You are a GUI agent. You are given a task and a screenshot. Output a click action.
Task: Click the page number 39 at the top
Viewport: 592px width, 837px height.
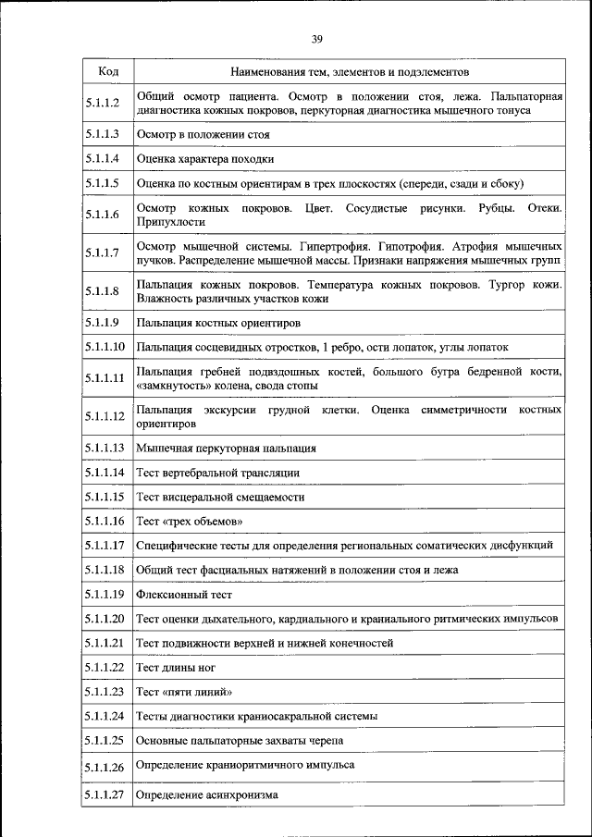click(316, 39)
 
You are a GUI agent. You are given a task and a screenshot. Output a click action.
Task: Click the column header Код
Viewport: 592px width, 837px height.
click(106, 70)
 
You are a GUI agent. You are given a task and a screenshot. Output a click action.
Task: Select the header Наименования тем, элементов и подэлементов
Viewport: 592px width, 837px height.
click(350, 70)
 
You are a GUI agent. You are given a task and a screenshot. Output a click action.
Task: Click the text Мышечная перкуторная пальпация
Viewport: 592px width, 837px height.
click(226, 449)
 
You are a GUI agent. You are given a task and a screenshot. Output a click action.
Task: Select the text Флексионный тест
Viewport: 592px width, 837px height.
click(183, 595)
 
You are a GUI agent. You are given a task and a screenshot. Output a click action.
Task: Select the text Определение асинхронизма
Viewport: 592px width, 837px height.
click(206, 794)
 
